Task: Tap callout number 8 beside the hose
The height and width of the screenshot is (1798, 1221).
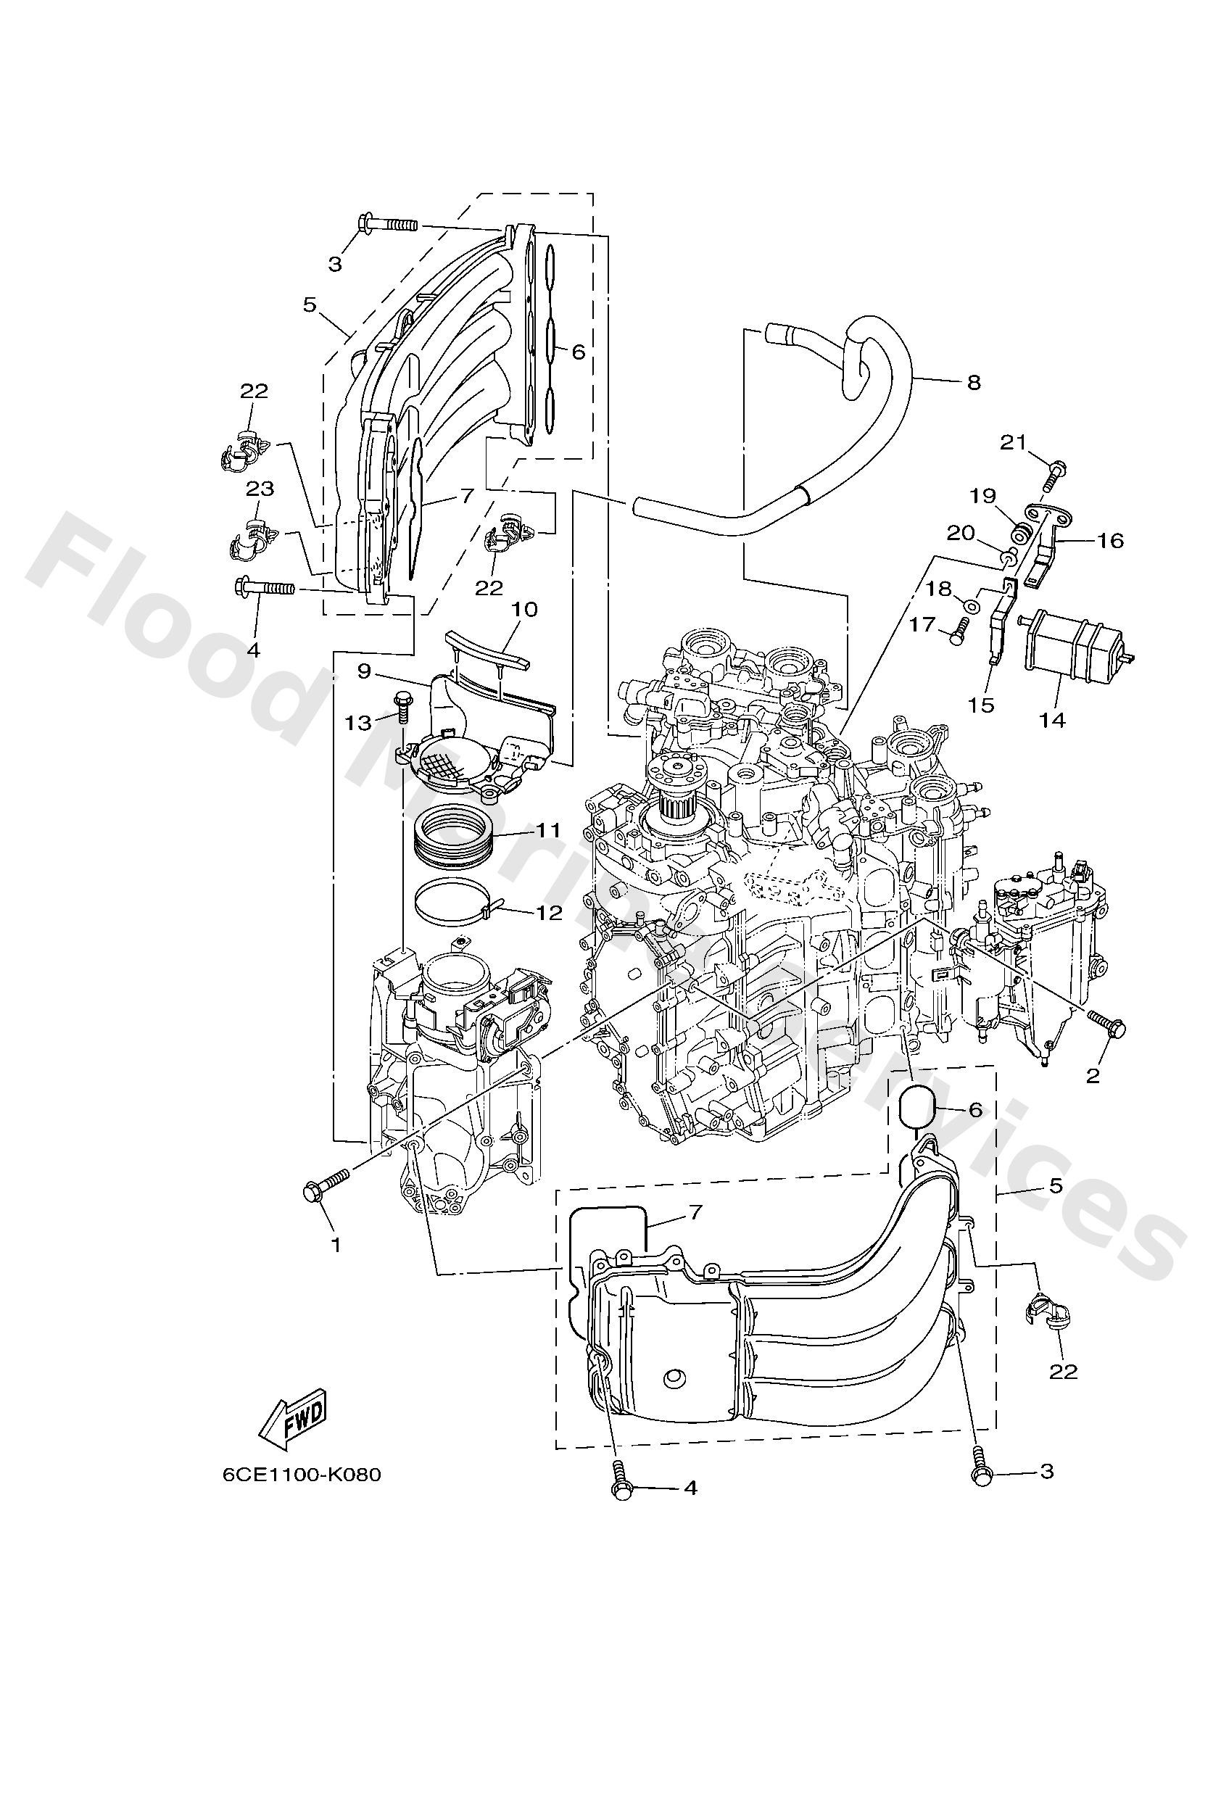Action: [x=974, y=381]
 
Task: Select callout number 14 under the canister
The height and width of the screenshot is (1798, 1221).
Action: [x=1052, y=720]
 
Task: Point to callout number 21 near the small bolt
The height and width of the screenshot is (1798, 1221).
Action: [x=1014, y=442]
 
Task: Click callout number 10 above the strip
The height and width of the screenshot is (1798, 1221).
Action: [x=523, y=609]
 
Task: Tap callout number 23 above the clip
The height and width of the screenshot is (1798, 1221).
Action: [x=261, y=489]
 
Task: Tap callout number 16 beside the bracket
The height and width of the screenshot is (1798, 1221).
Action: [x=1109, y=540]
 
